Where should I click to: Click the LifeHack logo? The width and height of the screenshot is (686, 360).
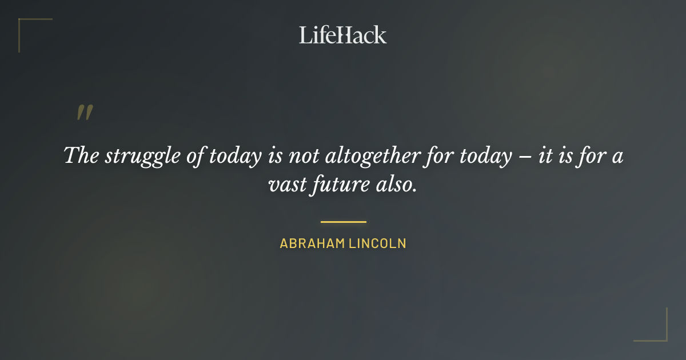tap(343, 35)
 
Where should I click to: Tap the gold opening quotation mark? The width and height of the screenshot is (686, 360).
tap(85, 113)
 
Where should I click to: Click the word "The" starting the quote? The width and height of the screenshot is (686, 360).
tap(81, 155)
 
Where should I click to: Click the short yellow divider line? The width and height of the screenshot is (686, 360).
tap(343, 222)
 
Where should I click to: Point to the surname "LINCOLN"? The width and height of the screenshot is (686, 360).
tap(377, 243)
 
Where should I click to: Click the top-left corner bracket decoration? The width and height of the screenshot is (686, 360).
tap(26, 26)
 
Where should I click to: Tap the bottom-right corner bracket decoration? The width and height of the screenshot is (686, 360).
tap(660, 334)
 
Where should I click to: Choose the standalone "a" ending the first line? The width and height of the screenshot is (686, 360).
tap(617, 157)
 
